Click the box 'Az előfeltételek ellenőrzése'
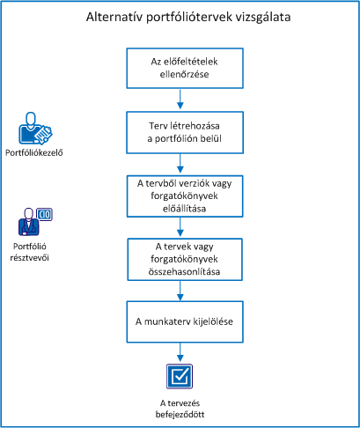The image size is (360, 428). (180, 69)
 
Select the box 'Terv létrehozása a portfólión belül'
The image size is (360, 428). (180, 131)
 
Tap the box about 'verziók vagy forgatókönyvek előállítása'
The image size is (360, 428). (180, 194)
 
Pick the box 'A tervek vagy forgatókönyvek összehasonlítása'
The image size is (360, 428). (180, 258)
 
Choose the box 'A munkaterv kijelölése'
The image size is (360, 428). (180, 321)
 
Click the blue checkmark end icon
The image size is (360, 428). (180, 376)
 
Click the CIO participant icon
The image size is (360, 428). (33, 221)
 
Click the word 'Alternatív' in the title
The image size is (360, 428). (118, 18)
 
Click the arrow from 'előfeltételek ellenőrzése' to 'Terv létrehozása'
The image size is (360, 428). (180, 100)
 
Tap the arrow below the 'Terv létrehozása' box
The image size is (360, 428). (180, 163)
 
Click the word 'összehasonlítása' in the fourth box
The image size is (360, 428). (180, 272)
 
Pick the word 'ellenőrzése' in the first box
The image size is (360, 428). (180, 76)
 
